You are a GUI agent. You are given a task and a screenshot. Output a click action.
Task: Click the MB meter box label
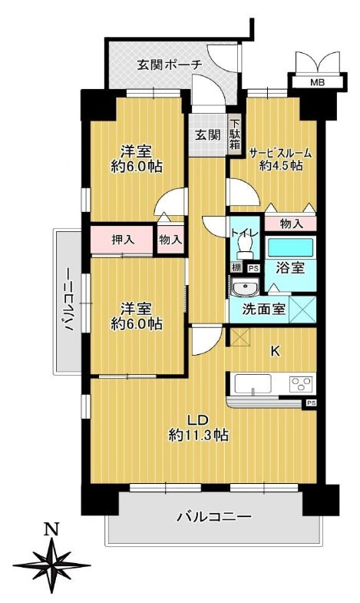tap(317, 82)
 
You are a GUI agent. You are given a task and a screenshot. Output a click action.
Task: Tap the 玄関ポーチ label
tap(170, 65)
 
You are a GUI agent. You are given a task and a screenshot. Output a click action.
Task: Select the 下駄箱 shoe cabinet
tap(235, 134)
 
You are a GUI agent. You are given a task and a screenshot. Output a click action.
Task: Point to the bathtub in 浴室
tap(290, 247)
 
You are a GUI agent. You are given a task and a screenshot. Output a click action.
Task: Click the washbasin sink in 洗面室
tap(245, 288)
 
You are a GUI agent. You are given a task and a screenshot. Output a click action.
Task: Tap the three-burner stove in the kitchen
tap(301, 384)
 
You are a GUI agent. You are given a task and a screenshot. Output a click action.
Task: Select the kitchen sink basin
tap(253, 384)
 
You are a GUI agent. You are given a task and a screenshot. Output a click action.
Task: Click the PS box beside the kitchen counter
tap(311, 403)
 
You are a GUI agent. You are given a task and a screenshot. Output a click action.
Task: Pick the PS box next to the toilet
tap(253, 268)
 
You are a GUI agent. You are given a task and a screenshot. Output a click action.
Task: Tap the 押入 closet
tap(122, 240)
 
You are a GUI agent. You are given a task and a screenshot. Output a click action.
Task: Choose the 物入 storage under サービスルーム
tap(290, 224)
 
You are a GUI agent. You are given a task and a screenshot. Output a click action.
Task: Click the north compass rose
tap(51, 565)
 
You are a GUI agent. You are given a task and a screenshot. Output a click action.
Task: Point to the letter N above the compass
tap(51, 529)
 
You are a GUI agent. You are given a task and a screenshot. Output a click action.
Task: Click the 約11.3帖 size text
tap(198, 435)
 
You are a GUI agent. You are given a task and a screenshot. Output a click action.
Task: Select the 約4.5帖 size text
tap(280, 166)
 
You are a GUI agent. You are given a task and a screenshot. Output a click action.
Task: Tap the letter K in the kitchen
tap(275, 351)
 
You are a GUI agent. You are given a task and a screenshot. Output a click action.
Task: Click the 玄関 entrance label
tap(208, 135)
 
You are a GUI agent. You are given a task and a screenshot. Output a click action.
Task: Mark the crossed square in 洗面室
tap(302, 310)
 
